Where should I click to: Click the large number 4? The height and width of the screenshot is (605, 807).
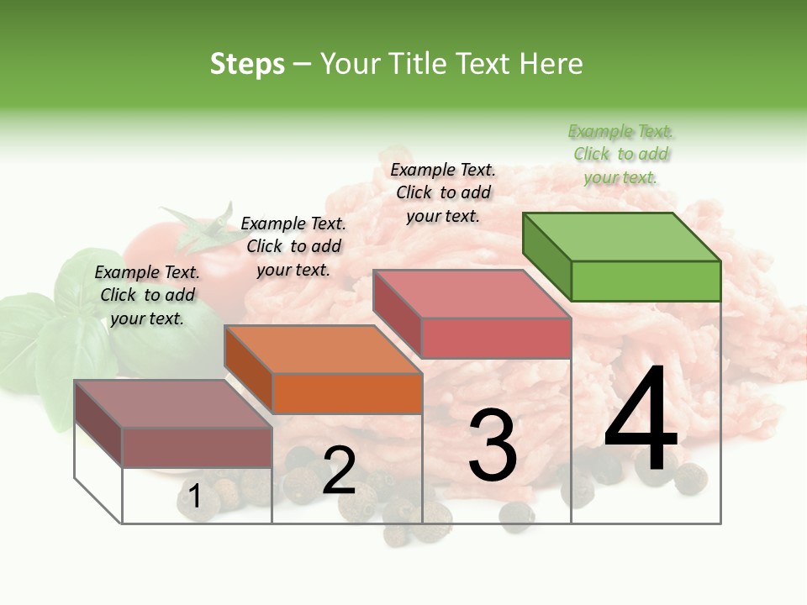[641, 423]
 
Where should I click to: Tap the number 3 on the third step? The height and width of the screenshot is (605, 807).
[492, 446]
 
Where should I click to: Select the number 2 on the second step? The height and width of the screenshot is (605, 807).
[339, 471]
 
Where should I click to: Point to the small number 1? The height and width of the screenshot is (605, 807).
[195, 497]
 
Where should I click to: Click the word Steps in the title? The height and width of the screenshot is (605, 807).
[247, 64]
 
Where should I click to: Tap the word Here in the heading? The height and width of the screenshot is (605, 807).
[551, 64]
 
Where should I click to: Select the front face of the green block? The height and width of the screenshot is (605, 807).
[646, 281]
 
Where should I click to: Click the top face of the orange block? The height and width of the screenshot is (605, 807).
[323, 349]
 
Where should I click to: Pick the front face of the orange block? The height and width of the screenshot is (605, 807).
[347, 393]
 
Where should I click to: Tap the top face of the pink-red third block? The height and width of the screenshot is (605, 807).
[472, 293]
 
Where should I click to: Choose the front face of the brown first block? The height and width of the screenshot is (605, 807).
[197, 447]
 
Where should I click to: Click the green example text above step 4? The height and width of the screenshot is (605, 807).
[620, 155]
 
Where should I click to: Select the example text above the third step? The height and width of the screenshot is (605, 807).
[443, 192]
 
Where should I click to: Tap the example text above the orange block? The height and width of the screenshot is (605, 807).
[293, 246]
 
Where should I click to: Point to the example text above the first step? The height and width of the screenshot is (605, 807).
[147, 295]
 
